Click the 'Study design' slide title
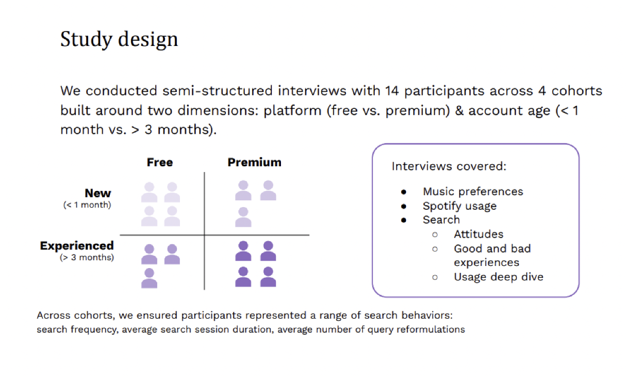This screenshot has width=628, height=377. (119, 39)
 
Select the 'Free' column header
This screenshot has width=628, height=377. (160, 162)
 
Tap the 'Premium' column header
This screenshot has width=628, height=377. (254, 162)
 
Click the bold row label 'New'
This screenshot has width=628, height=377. (98, 193)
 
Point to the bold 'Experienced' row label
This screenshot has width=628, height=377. (77, 246)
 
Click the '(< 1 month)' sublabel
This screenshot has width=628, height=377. (87, 205)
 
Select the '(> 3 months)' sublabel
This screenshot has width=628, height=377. (87, 257)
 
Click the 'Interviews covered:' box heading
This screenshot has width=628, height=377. (449, 166)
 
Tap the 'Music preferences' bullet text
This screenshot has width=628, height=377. (473, 192)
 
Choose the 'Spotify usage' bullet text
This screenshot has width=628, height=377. (460, 206)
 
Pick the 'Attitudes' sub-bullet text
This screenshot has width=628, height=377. (478, 234)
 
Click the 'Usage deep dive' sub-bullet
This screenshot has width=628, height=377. (499, 277)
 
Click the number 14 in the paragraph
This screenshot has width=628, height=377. (392, 91)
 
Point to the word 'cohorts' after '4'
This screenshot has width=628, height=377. (576, 91)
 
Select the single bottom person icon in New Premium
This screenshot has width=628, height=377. (243, 217)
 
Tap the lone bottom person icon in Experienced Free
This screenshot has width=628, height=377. (149, 278)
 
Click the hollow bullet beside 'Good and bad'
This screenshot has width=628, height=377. (435, 249)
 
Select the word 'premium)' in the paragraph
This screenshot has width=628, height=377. (418, 111)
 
